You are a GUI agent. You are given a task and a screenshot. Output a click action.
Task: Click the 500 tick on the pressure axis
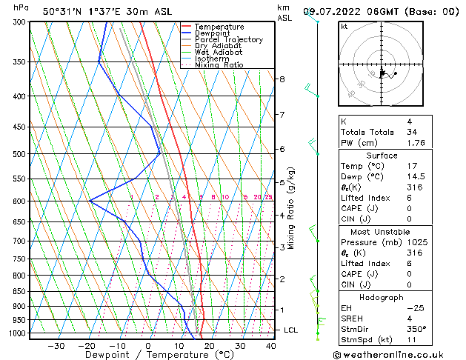(19, 154)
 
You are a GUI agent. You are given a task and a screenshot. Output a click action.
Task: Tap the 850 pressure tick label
(19, 292)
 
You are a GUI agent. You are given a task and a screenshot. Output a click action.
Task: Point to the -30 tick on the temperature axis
(56, 346)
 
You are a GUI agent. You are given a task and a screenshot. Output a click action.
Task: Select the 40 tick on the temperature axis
(270, 346)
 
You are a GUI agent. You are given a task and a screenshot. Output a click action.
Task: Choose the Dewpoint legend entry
(213, 33)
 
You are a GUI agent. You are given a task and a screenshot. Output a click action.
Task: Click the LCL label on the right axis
(291, 330)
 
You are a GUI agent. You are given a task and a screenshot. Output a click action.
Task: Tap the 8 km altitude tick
(282, 79)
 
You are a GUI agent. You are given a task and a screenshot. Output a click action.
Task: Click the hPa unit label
(21, 7)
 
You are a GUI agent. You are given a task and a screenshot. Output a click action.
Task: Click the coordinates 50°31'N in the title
(64, 11)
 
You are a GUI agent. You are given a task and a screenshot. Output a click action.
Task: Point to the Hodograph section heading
(382, 296)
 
